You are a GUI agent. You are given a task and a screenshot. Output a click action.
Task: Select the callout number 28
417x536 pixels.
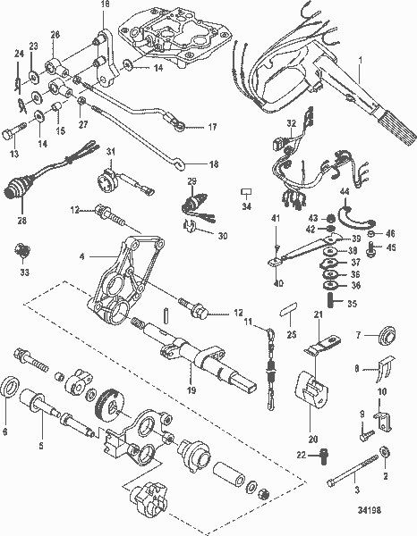21,220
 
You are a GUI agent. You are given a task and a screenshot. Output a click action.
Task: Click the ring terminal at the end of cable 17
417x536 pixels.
182,126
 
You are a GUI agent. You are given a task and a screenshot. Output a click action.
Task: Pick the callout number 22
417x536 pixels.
302,456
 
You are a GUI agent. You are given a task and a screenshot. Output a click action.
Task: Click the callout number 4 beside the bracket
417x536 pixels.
81,257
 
